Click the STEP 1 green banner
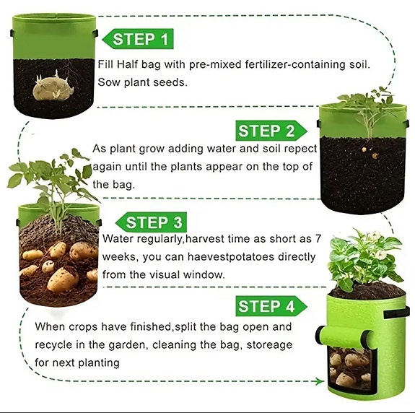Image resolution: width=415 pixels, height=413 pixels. (138, 39)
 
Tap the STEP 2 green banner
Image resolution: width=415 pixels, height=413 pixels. (271, 131)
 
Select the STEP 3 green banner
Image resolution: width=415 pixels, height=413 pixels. (151, 222)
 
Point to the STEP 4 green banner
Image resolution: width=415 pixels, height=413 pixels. (271, 306)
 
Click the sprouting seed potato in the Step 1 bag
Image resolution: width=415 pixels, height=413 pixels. (53, 87)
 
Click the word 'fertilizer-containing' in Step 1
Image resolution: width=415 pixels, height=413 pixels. (294, 64)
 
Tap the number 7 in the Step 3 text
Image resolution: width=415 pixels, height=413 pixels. (318, 238)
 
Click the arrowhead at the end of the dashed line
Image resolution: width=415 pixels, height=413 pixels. (320, 381)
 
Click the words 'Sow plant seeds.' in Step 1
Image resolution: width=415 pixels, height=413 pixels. (143, 82)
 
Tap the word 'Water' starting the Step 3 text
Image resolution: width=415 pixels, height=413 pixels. (118, 239)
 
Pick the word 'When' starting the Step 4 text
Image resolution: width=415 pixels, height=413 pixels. (50, 326)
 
